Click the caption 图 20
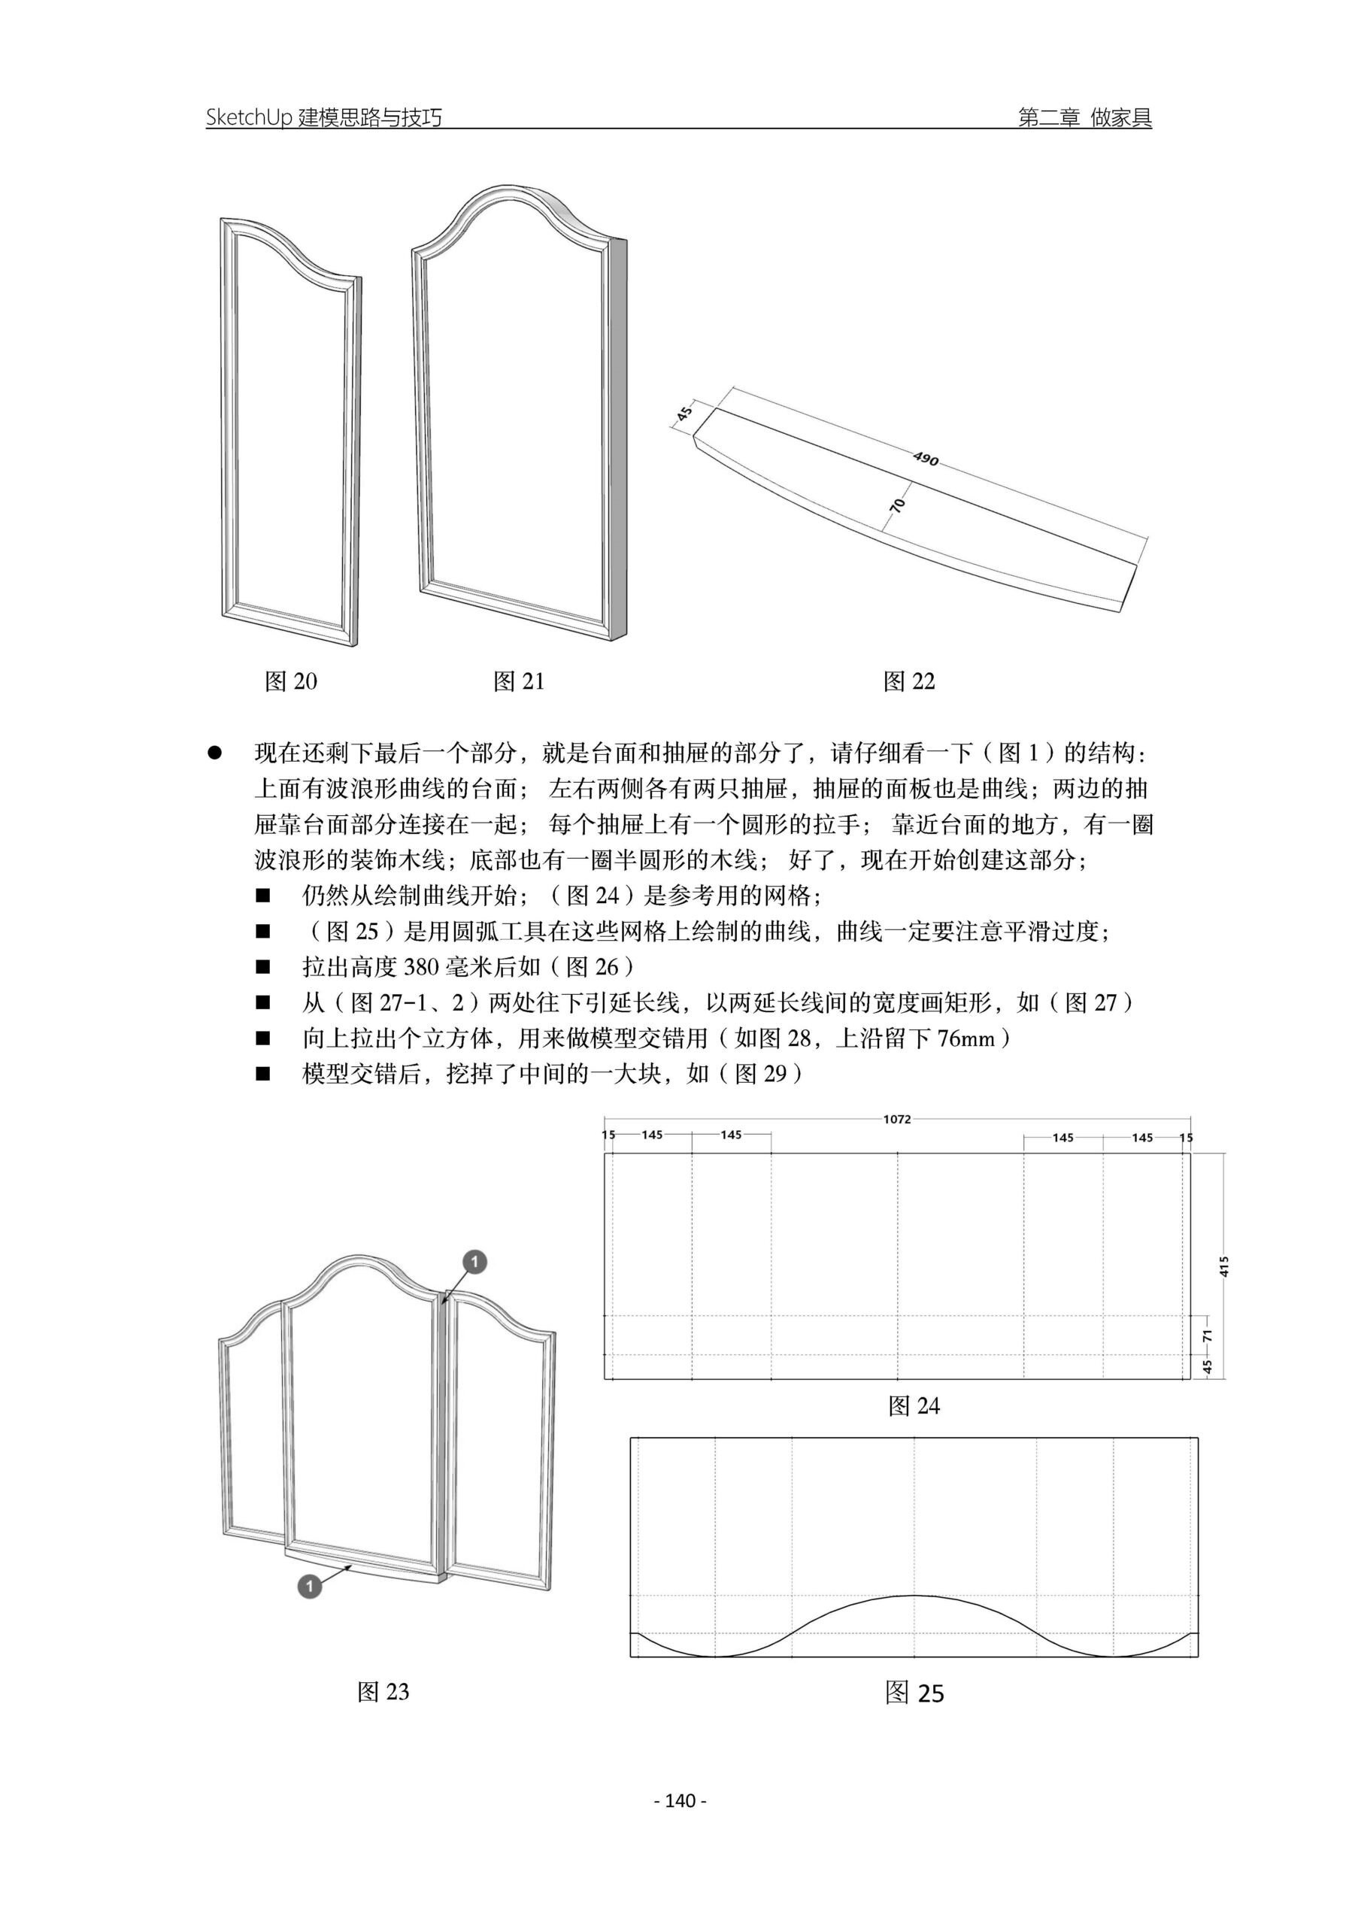pyautogui.click(x=291, y=681)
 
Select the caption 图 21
pyautogui.click(x=519, y=681)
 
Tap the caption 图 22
pyautogui.click(x=909, y=681)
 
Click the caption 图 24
pyautogui.click(x=914, y=1406)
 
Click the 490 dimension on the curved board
pyautogui.click(x=926, y=459)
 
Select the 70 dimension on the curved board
pyautogui.click(x=898, y=505)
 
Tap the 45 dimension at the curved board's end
pyautogui.click(x=684, y=414)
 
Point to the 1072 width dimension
pyautogui.click(x=896, y=1120)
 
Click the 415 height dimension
pyautogui.click(x=1224, y=1266)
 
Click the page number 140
pyautogui.click(x=680, y=1801)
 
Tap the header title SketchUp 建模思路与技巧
pyautogui.click(x=323, y=117)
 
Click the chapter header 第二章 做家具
pyautogui.click(x=1085, y=117)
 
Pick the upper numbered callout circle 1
pyautogui.click(x=474, y=1262)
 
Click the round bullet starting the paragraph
pyautogui.click(x=214, y=753)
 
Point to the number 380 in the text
pyautogui.click(x=421, y=968)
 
